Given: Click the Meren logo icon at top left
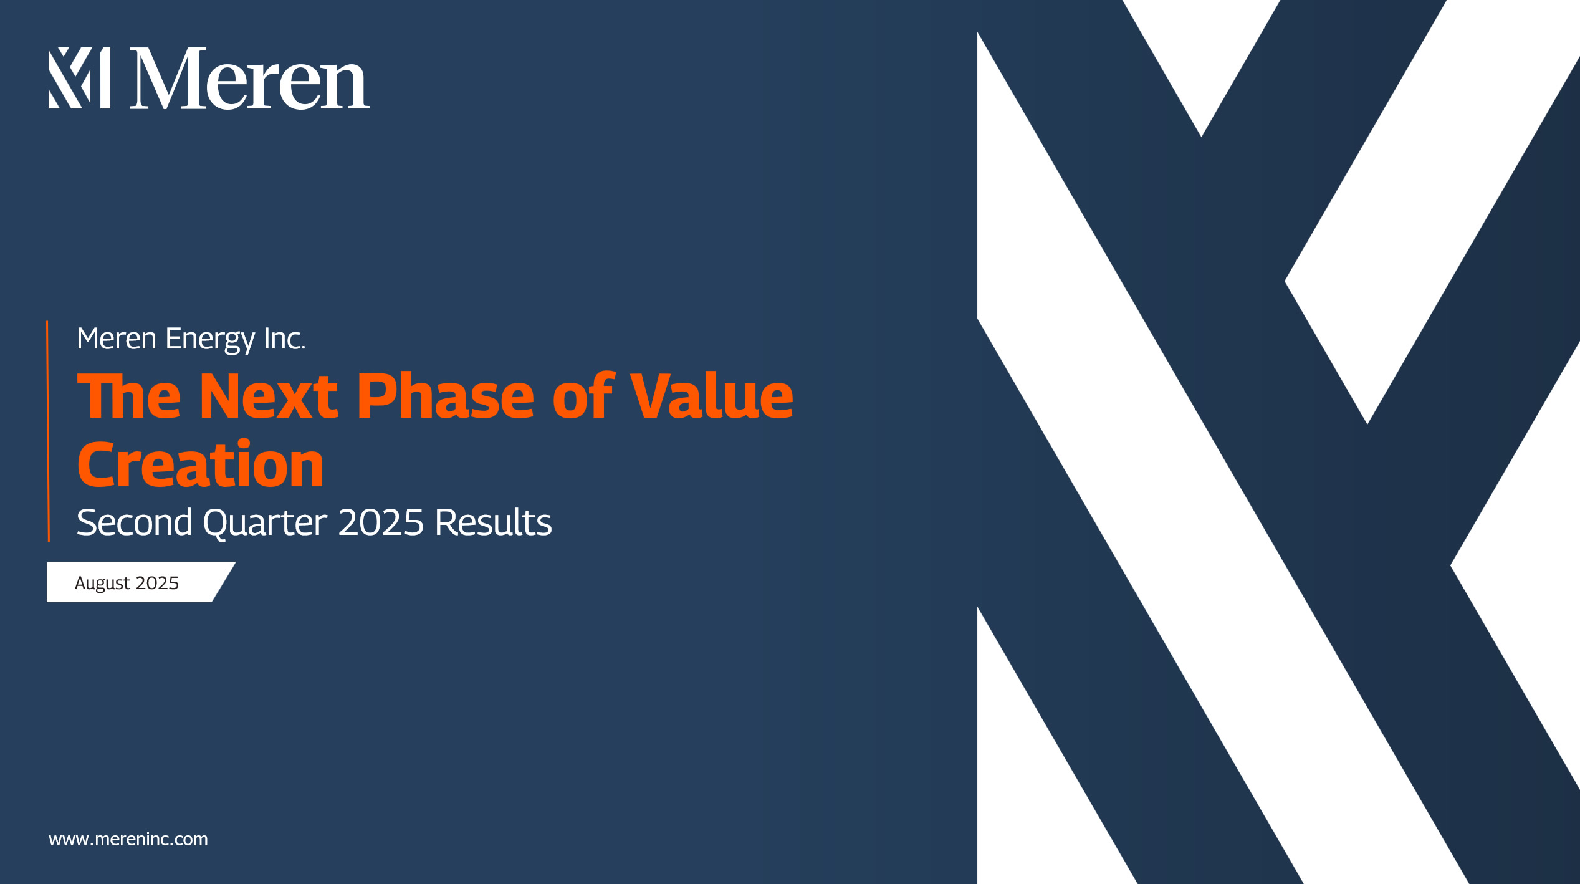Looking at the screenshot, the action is coord(80,78).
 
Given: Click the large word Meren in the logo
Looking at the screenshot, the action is coord(249,79).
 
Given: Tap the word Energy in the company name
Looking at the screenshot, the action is coord(210,340).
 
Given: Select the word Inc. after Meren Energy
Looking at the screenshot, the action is coord(284,339).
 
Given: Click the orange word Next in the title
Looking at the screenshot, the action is coord(269,396).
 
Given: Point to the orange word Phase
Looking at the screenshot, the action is coord(445,396).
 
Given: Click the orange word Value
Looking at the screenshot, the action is coord(711,396).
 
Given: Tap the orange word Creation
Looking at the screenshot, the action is coord(201,464).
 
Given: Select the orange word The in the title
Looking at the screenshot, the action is coord(129,396).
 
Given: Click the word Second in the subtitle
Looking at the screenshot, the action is coord(134,522).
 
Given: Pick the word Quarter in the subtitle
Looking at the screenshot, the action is coord(265,523).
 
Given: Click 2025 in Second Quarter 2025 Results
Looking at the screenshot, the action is coord(381,522).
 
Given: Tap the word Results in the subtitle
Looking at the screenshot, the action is coord(493,522).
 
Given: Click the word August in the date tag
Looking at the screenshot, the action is coord(102,584).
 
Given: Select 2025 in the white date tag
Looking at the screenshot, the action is coord(157,583).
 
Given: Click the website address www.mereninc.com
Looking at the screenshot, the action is coord(128,839).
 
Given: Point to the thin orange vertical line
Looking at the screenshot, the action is coord(48,431).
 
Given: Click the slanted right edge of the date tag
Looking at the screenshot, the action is coord(224,582).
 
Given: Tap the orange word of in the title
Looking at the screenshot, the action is coord(583,396).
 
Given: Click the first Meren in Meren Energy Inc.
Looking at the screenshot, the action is coord(117,339).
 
